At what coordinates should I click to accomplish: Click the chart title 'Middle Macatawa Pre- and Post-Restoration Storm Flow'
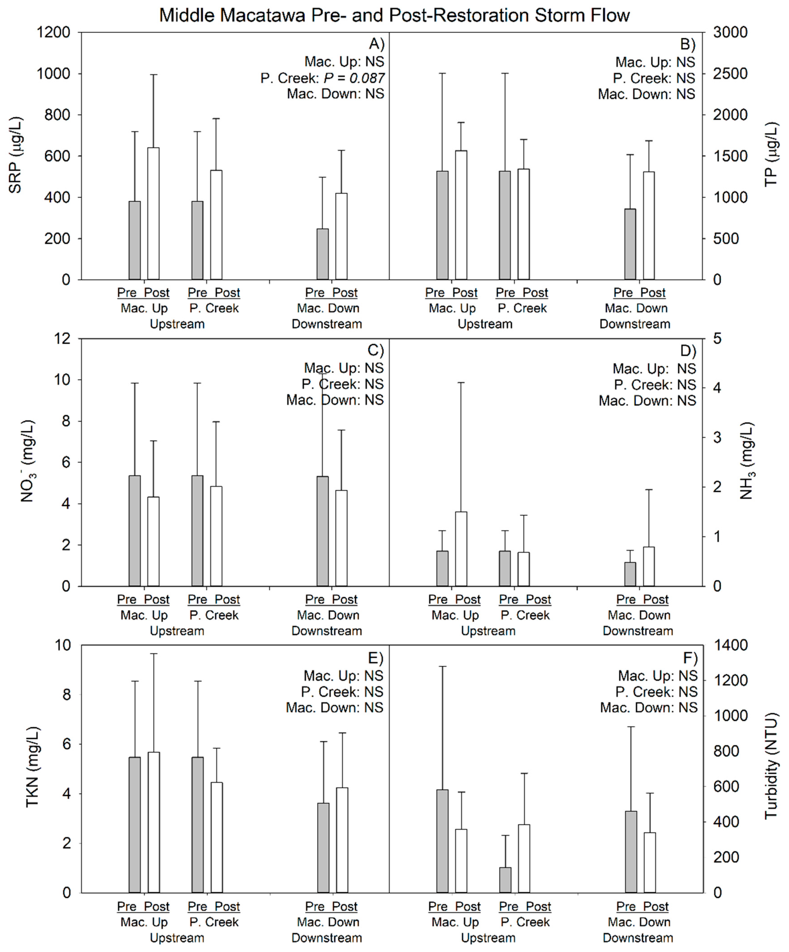pyautogui.click(x=394, y=15)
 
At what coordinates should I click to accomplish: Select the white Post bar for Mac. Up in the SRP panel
pyautogui.click(x=153, y=213)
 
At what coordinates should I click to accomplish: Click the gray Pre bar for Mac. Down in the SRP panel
pyautogui.click(x=322, y=254)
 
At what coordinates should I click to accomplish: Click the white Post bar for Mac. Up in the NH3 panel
pyautogui.click(x=461, y=549)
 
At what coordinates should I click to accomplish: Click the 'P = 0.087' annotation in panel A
pyautogui.click(x=354, y=78)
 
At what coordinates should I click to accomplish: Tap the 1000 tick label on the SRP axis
pyautogui.click(x=54, y=73)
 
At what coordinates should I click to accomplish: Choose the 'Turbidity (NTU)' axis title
pyautogui.click(x=771, y=766)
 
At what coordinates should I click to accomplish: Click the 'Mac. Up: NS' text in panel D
pyautogui.click(x=654, y=369)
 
